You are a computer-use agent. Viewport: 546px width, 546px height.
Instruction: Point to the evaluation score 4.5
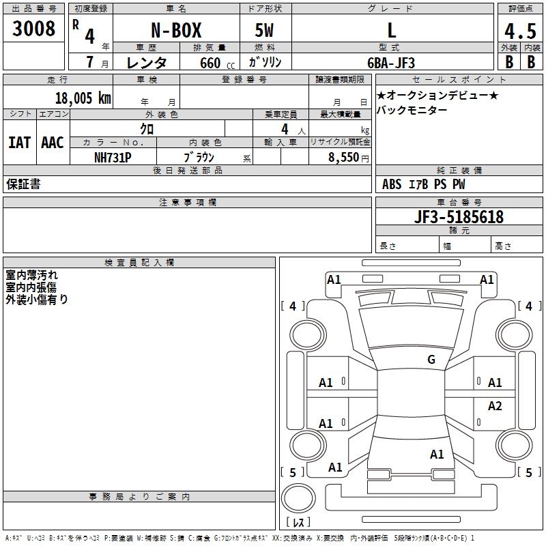(519, 31)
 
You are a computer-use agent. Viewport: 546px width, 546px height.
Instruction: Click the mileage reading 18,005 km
(83, 98)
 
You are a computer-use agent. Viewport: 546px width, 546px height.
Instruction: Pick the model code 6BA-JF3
(391, 63)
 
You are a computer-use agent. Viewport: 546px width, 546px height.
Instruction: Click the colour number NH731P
(113, 156)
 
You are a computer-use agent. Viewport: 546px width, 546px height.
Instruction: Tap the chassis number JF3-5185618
(459, 217)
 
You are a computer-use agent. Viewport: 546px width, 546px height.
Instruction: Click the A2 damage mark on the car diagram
(495, 406)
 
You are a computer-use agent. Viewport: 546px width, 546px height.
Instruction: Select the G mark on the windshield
(431, 360)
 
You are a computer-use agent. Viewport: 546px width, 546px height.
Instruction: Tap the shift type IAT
(19, 142)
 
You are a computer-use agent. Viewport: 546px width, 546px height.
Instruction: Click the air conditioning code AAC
(53, 142)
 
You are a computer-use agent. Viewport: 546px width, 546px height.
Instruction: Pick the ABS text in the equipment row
(392, 184)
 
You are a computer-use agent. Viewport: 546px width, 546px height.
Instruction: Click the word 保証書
(23, 184)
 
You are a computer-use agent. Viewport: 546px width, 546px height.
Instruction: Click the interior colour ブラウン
(199, 157)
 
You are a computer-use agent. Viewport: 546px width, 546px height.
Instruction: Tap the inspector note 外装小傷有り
(37, 299)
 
